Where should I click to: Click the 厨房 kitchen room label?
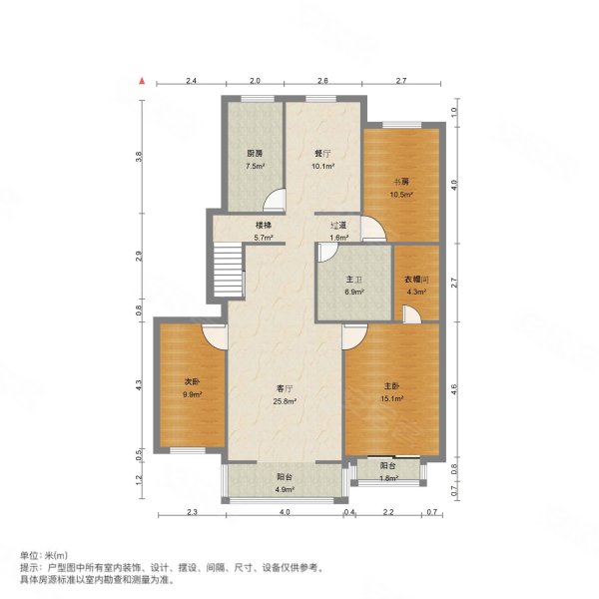(256, 154)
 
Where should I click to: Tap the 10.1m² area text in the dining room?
(322, 166)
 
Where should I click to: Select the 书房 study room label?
(399, 182)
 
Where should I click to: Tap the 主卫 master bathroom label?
(354, 281)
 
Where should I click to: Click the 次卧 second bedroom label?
(192, 382)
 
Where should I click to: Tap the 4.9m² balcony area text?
(285, 490)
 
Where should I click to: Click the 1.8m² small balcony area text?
(388, 479)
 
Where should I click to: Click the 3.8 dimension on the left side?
(141, 156)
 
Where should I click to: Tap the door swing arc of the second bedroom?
(213, 336)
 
